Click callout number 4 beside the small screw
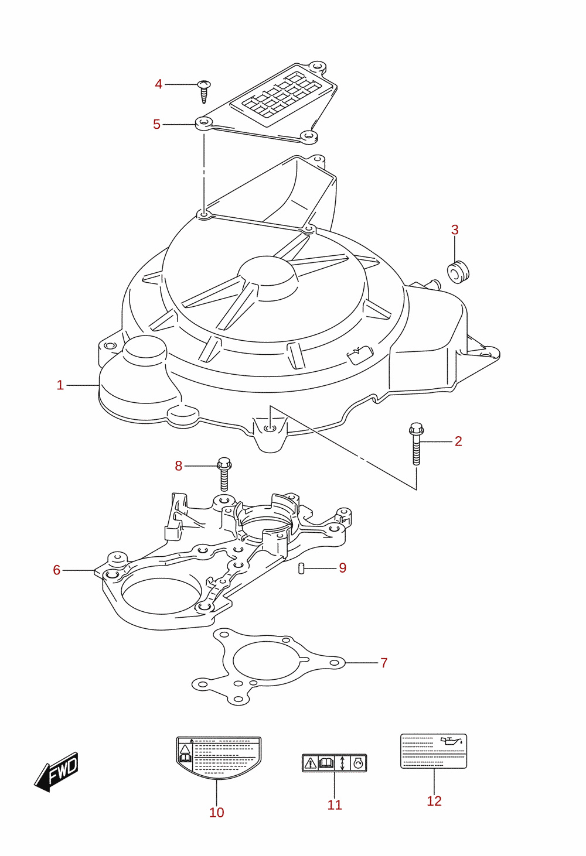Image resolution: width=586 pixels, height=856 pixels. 158,84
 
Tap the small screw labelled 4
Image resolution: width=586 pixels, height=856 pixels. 205,91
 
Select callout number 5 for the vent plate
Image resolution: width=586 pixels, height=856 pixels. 156,124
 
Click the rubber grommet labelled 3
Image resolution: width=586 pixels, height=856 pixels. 458,272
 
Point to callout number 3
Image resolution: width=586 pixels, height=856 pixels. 454,230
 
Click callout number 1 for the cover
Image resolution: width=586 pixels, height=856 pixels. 60,385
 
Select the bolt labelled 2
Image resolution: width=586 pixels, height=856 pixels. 416,443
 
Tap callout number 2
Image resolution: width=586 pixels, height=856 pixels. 458,441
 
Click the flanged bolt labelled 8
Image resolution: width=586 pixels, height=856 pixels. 224,474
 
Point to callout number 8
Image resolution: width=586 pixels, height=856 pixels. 178,466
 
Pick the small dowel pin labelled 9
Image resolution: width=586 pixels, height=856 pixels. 301,569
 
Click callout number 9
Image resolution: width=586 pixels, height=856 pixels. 342,568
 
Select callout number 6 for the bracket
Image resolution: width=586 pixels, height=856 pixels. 57,570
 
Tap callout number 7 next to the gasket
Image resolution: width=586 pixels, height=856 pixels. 384,663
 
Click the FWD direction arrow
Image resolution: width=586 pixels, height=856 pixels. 56,772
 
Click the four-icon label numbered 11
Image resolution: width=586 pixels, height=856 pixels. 334,763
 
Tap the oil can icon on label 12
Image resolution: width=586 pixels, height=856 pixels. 451,741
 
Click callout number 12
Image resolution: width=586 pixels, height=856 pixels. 434,800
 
